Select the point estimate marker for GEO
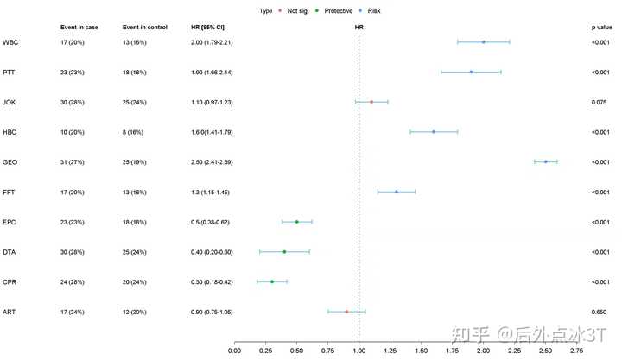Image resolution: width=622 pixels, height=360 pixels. (x=545, y=161)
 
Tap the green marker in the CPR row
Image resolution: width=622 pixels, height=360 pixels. (x=271, y=281)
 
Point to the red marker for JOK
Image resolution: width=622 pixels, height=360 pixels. (x=371, y=102)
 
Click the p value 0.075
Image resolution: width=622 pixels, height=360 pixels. (x=600, y=102)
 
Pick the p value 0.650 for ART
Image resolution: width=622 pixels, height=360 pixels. (x=600, y=312)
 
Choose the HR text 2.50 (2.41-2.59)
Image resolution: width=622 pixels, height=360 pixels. (x=211, y=162)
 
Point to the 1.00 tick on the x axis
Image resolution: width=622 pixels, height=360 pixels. (x=359, y=351)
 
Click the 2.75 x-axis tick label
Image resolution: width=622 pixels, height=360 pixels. (x=576, y=351)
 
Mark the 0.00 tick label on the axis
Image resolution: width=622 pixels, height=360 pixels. (x=234, y=351)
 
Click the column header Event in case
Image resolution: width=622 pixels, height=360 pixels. (x=79, y=28)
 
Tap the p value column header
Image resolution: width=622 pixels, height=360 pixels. (x=600, y=28)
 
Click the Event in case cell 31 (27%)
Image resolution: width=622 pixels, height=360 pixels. (x=76, y=162)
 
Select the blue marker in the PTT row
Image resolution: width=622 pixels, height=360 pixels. (x=471, y=72)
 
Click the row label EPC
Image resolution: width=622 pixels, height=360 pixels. (x=10, y=222)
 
